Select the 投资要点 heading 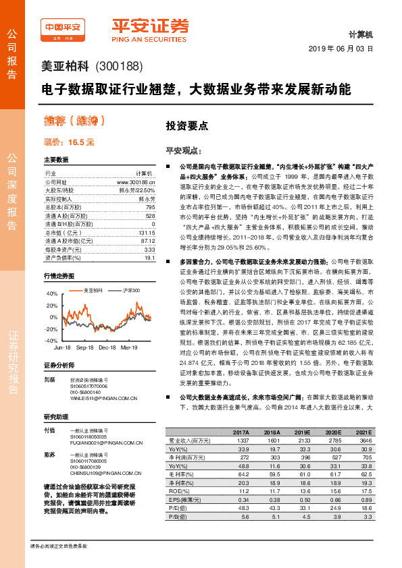187,125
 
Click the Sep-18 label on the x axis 85,347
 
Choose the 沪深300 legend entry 132,290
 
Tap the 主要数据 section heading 56,160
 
